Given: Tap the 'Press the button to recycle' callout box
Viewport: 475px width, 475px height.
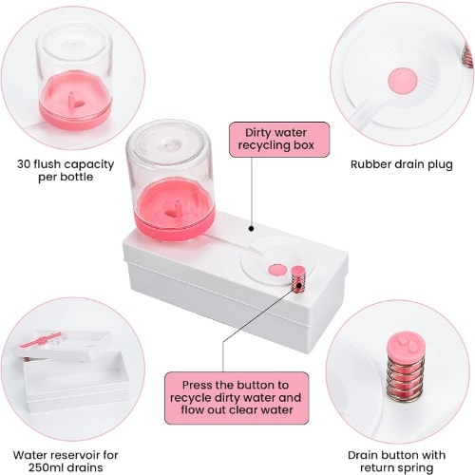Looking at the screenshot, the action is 237,398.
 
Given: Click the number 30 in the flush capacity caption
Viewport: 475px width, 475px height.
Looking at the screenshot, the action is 24,164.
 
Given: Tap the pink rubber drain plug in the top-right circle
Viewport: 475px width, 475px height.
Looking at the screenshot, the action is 403,80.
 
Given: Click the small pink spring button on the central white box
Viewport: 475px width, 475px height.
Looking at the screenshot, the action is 298,278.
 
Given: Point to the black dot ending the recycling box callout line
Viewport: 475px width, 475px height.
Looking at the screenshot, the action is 251,228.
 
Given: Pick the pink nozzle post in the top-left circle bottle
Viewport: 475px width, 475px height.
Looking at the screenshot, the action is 72,100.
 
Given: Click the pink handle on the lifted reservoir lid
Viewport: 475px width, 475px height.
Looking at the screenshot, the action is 41,340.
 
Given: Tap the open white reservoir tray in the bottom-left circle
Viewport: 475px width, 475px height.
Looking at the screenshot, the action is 77,383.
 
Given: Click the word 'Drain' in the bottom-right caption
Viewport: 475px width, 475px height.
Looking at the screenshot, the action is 365,455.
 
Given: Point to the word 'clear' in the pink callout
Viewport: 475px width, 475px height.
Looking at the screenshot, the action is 245,410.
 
